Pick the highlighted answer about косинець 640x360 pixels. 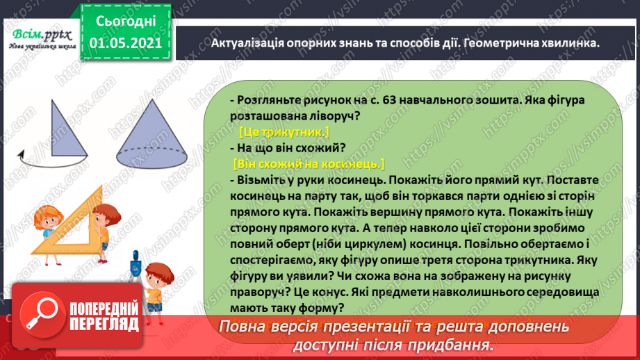click(309, 164)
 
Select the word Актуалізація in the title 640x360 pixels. click(240, 42)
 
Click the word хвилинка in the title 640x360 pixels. click(569, 42)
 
